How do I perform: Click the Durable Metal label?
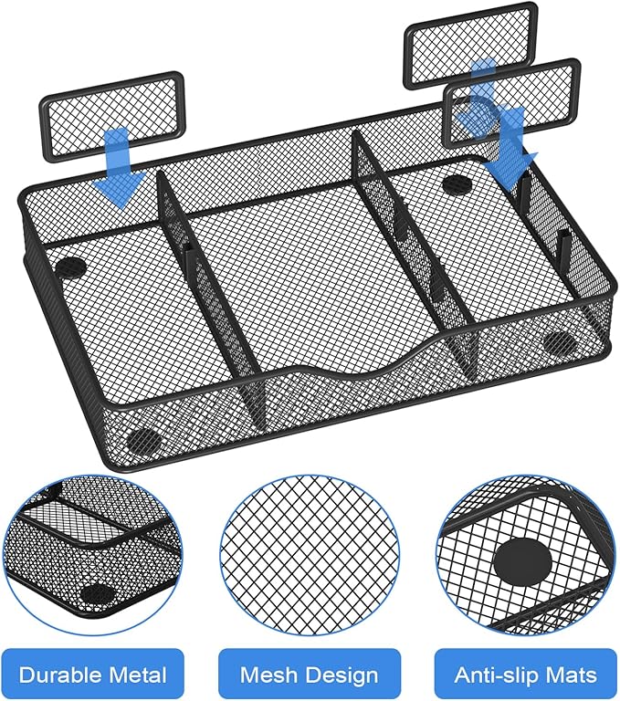tap(92, 675)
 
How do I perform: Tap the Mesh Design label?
tap(309, 675)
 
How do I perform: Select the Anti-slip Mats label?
tap(525, 675)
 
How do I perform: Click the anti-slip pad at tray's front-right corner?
tap(558, 343)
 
